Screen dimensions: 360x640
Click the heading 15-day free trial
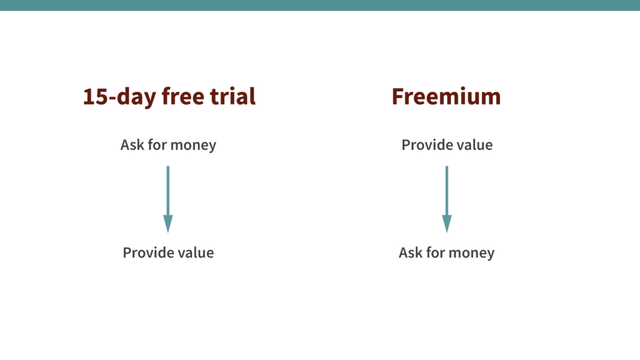pyautogui.click(x=169, y=97)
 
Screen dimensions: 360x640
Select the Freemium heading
pyautogui.click(x=446, y=97)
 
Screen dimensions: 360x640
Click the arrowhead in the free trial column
pyautogui.click(x=168, y=223)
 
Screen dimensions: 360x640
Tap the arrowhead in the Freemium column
pyautogui.click(x=446, y=223)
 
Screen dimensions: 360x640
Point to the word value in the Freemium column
pyautogui.click(x=473, y=145)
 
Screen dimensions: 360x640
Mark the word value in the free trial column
pyautogui.click(x=194, y=253)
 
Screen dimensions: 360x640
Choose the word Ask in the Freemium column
pyautogui.click(x=411, y=253)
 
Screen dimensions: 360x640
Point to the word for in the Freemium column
pyautogui.click(x=436, y=253)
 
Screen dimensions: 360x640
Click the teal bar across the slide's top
pyautogui.click(x=320, y=5)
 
